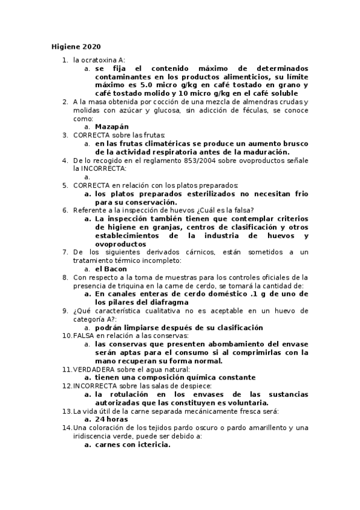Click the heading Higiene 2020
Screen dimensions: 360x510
click(x=75, y=47)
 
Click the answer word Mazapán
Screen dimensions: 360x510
click(x=112, y=127)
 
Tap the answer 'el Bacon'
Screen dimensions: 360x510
click(x=111, y=269)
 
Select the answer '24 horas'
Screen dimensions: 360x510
click(x=111, y=419)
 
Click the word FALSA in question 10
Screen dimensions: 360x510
click(x=84, y=335)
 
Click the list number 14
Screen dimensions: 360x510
click(x=67, y=428)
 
